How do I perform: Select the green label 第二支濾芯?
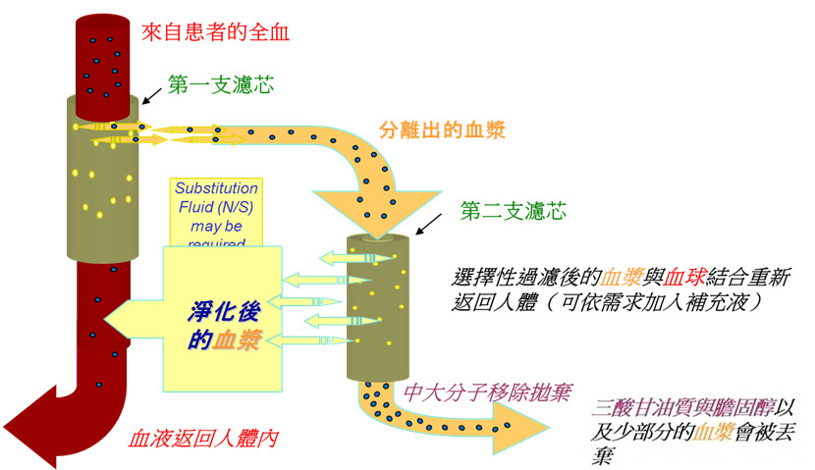[x=513, y=210]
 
